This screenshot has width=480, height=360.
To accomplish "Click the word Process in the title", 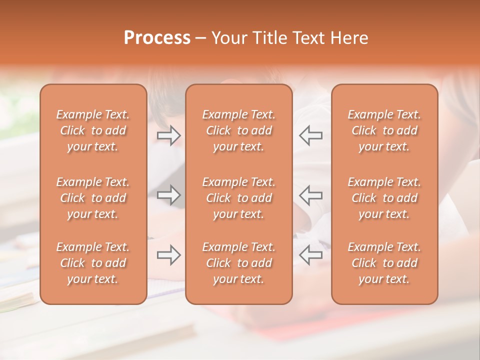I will click(157, 38).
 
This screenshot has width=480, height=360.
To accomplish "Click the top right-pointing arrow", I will click(168, 135).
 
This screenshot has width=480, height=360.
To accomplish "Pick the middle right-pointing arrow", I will click(168, 195).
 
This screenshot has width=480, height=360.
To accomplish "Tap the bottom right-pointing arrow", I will click(168, 255).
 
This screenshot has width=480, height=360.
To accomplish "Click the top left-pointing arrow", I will click(310, 135).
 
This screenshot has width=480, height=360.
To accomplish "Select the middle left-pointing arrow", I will click(310, 195).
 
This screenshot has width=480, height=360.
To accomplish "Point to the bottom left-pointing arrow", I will click(310, 255).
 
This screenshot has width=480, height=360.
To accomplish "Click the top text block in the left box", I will click(93, 130).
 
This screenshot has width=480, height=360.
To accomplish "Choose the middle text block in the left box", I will click(93, 198).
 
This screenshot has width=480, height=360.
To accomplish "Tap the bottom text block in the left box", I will click(93, 263).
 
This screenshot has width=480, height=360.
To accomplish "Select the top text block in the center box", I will click(238, 130).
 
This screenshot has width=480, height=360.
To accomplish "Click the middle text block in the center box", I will click(238, 198).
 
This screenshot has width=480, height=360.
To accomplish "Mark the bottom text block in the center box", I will click(238, 263).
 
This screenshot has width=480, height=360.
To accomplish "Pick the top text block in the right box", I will click(384, 130).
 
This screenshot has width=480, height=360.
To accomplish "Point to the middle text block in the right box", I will click(384, 198).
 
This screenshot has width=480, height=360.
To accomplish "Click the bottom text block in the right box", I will click(384, 263).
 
